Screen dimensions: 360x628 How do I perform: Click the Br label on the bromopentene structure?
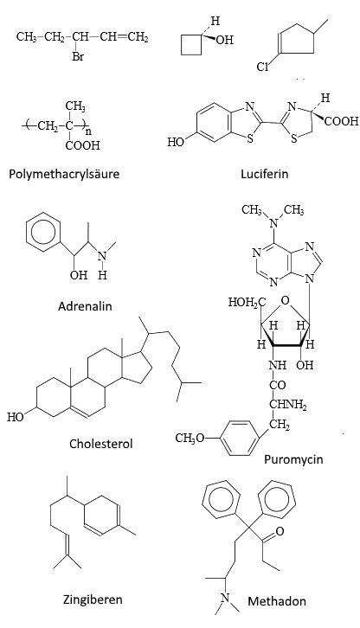click(78, 57)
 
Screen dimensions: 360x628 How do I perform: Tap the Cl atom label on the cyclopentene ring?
click(262, 67)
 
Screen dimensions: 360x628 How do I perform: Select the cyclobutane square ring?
click(191, 44)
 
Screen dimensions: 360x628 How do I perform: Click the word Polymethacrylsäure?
click(64, 174)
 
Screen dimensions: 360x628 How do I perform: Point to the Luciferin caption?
click(264, 174)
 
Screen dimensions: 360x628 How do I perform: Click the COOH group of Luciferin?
click(341, 121)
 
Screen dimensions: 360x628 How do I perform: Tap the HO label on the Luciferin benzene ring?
click(175, 142)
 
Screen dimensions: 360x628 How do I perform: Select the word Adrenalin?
click(85, 306)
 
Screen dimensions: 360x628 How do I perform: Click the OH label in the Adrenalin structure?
click(79, 275)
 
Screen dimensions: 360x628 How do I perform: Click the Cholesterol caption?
click(100, 444)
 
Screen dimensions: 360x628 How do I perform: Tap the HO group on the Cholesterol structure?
click(15, 417)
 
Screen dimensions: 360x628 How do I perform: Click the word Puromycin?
click(293, 459)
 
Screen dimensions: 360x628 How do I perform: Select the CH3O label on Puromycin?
click(190, 439)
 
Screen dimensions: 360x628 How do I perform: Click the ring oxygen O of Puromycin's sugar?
click(285, 300)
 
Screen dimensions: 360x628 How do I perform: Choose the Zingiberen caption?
click(93, 599)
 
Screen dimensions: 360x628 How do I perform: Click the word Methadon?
click(277, 601)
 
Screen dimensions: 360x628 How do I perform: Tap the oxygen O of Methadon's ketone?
click(280, 531)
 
